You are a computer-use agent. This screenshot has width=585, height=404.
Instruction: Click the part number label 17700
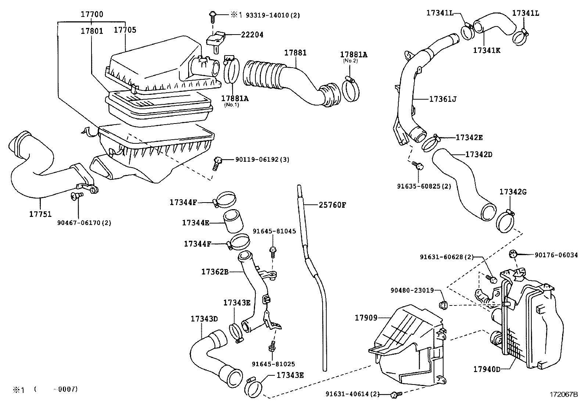click(92, 15)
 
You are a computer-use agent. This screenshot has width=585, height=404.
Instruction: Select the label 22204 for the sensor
click(252, 35)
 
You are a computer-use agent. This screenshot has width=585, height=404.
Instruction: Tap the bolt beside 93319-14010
click(212, 15)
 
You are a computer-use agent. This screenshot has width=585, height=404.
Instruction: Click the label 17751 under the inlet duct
click(40, 214)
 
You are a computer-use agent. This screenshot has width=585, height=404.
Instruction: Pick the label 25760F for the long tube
click(332, 205)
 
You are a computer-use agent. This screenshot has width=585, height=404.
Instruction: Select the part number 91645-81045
click(274, 231)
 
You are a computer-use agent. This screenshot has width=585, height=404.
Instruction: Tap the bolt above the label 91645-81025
click(272, 346)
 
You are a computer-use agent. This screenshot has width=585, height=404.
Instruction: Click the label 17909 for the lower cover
click(366, 317)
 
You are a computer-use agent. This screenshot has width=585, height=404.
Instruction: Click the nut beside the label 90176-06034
click(513, 254)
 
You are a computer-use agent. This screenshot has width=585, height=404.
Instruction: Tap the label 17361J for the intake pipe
click(443, 99)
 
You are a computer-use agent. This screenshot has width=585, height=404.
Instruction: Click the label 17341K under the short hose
click(487, 50)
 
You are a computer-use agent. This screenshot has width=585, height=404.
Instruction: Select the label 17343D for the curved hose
click(204, 319)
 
